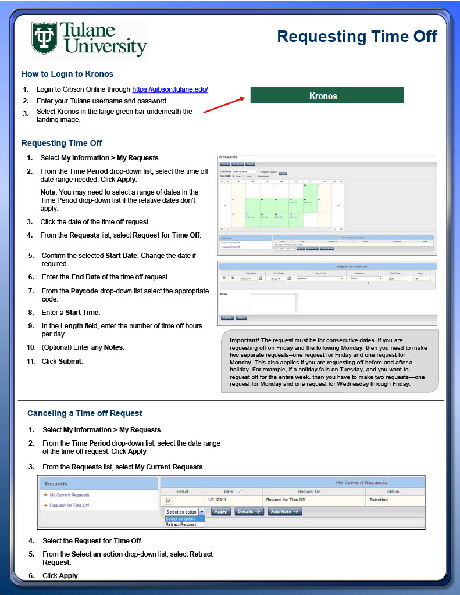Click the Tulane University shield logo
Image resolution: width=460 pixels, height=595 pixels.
tap(44, 39)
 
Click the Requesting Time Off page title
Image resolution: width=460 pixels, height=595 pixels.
tap(356, 37)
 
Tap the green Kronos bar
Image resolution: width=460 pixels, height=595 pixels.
tap(327, 96)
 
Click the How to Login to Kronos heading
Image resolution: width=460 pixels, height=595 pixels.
tap(67, 74)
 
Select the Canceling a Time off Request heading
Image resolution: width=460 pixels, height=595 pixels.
tap(85, 413)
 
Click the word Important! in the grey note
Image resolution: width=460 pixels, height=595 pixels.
tap(244, 339)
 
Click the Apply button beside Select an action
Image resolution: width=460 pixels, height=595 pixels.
tap(220, 512)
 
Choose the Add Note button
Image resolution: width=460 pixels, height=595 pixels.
tap(285, 512)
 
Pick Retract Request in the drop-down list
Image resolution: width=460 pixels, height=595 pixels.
tap(181, 525)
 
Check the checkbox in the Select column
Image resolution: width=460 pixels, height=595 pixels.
tap(169, 500)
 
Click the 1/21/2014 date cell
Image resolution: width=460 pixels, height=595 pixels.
tap(217, 500)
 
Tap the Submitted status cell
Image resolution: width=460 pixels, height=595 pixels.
tap(378, 500)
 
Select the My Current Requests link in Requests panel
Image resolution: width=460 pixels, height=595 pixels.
tap(69, 495)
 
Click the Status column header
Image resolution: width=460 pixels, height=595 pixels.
tap(393, 492)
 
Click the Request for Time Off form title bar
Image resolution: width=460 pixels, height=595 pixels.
tap(327, 266)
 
